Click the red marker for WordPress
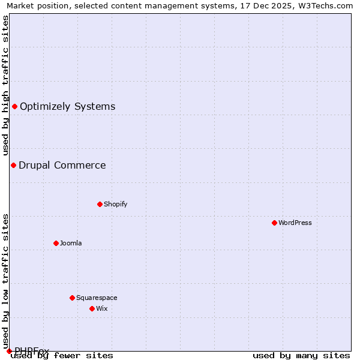coord(274,223)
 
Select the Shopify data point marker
coord(100,204)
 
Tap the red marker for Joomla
coord(56,243)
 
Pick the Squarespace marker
coord(72,298)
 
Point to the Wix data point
coord(92,308)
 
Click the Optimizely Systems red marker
coord(14,107)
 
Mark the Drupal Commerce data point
coord(13,165)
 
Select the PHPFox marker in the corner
coord(9,351)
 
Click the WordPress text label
coord(295,223)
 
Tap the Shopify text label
coord(116,204)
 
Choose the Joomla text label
coord(71,243)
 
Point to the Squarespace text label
coord(97,298)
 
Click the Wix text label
coord(102,308)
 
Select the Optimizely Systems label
coord(67,107)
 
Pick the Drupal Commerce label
coord(62,165)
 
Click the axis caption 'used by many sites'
coord(301,355)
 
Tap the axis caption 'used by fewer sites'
coord(62,355)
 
